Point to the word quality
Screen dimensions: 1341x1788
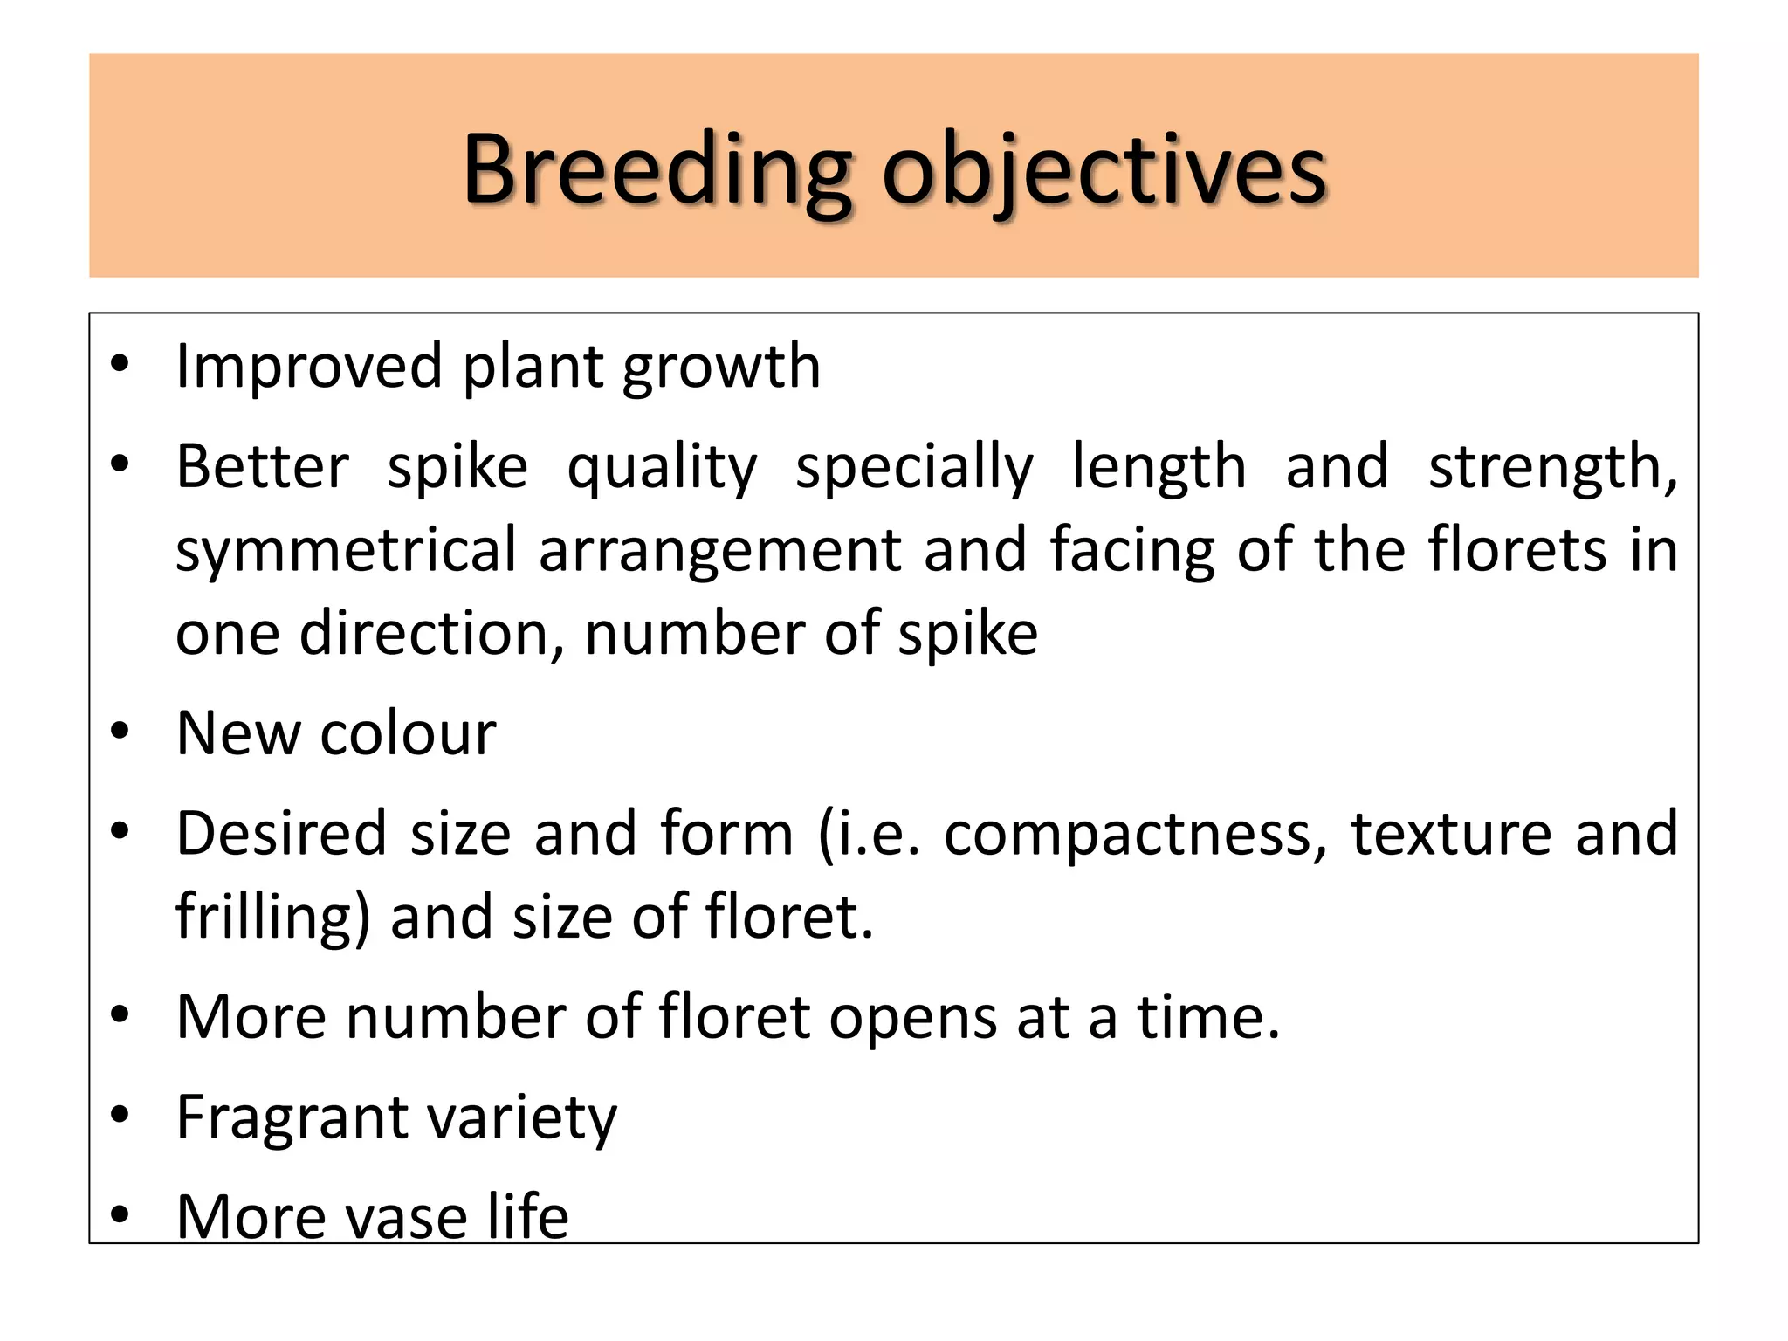point(662,468)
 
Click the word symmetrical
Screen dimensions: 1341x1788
point(347,551)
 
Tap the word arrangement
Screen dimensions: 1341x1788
point(720,553)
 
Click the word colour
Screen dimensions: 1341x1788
point(408,733)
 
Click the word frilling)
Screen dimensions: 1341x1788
point(273,917)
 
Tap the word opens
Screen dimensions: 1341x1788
point(911,1018)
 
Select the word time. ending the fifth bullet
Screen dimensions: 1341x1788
point(1208,1017)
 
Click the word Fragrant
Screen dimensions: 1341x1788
point(292,1117)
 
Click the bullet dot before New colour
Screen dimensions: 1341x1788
point(120,732)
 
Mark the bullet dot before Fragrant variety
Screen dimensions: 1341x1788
point(120,1115)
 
